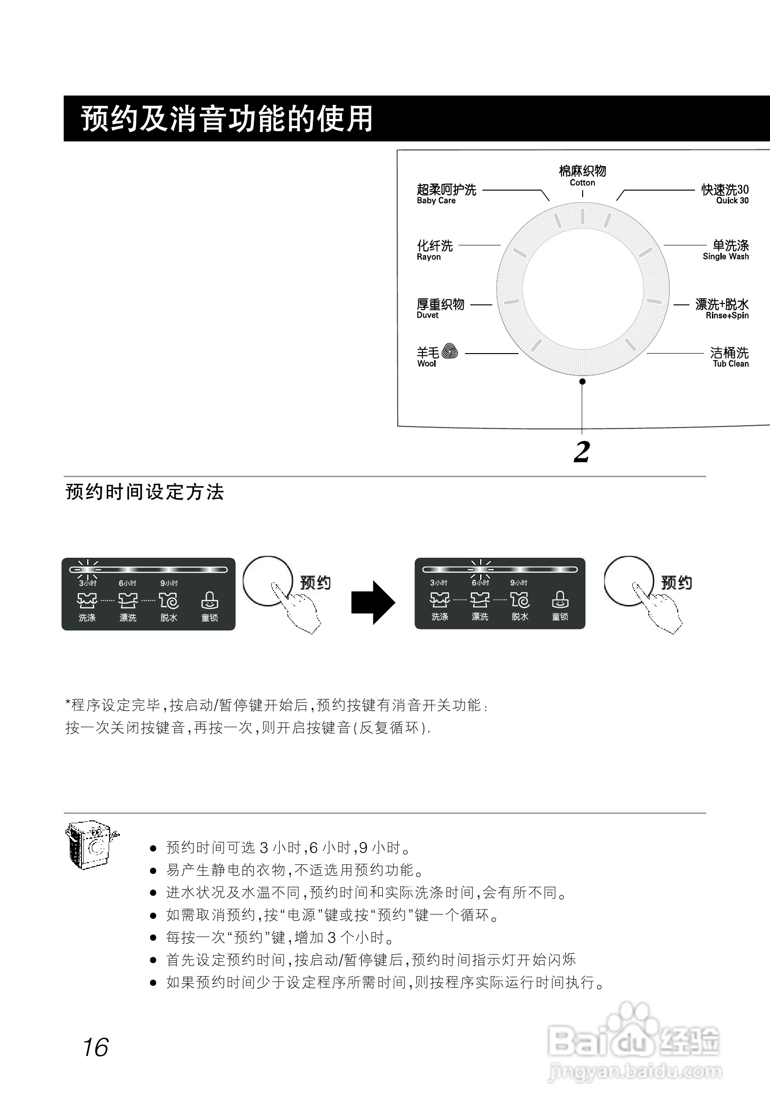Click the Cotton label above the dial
582,176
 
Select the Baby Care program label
446,193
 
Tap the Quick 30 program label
725,193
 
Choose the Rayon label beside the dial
434,249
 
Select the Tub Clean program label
729,356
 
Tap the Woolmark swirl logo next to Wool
450,351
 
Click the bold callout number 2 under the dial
582,452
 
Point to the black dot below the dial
582,382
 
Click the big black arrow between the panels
373,602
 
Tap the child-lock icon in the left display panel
209,600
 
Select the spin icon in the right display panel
519,600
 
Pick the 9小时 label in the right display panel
518,583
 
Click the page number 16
96,1048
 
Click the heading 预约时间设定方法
145,492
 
